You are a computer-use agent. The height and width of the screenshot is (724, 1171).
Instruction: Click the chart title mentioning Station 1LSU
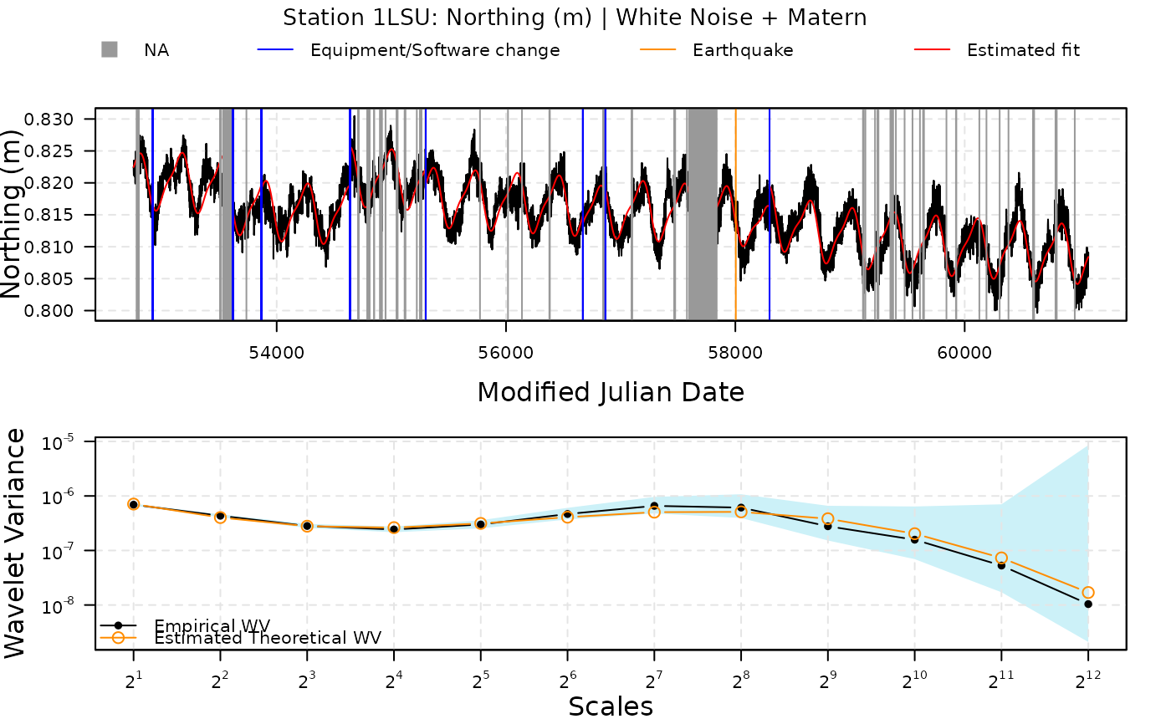point(574,18)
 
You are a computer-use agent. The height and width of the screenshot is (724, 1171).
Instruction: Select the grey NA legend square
point(109,50)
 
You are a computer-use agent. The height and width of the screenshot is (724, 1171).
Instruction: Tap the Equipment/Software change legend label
point(434,50)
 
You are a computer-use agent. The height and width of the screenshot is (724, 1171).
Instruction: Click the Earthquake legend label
point(742,50)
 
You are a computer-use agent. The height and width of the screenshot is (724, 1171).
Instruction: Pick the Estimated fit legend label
point(1023,50)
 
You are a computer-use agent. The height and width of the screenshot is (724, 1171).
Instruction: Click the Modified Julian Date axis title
point(611,392)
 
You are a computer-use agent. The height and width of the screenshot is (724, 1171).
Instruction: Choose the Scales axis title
point(611,707)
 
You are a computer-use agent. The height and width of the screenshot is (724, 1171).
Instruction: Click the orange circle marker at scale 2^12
point(1087,593)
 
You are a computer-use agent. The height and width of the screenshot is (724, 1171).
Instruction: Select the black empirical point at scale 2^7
point(654,506)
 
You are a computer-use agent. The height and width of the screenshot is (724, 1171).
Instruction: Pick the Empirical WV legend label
point(212,625)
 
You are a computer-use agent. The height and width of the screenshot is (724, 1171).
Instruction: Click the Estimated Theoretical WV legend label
point(268,638)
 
